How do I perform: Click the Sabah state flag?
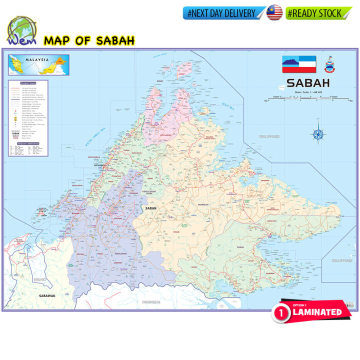[x=299, y=64]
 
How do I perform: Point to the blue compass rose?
[x=316, y=133]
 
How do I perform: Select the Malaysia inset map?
[x=38, y=65]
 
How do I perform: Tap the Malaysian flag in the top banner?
[x=274, y=13]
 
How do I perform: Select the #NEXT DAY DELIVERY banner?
[x=224, y=13]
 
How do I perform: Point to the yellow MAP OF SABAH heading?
[x=89, y=40]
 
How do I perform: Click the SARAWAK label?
[x=47, y=296]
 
